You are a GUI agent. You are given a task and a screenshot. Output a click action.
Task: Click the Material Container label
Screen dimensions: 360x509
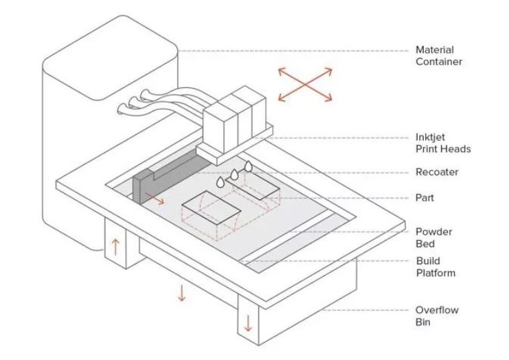pyautogui.click(x=435, y=56)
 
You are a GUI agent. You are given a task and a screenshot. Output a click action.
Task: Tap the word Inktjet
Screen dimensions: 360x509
pyautogui.click(x=430, y=137)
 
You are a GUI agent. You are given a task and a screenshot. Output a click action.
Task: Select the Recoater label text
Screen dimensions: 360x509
pyautogui.click(x=437, y=172)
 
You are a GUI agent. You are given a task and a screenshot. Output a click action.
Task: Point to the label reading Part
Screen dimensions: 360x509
pyautogui.click(x=425, y=198)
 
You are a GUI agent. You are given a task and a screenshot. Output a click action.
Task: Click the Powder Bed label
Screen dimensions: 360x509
pyautogui.click(x=434, y=237)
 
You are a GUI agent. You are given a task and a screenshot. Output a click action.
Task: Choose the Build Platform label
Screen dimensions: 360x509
pyautogui.click(x=435, y=267)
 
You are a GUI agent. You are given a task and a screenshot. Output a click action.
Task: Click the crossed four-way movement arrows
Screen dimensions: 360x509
pyautogui.click(x=305, y=84)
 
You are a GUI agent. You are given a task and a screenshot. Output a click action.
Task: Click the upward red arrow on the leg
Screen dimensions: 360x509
pyautogui.click(x=115, y=245)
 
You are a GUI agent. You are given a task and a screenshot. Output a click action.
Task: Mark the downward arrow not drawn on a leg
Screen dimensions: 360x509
pyautogui.click(x=181, y=292)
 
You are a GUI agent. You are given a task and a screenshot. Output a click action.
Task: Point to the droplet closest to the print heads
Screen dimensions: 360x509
pyautogui.click(x=248, y=165)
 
